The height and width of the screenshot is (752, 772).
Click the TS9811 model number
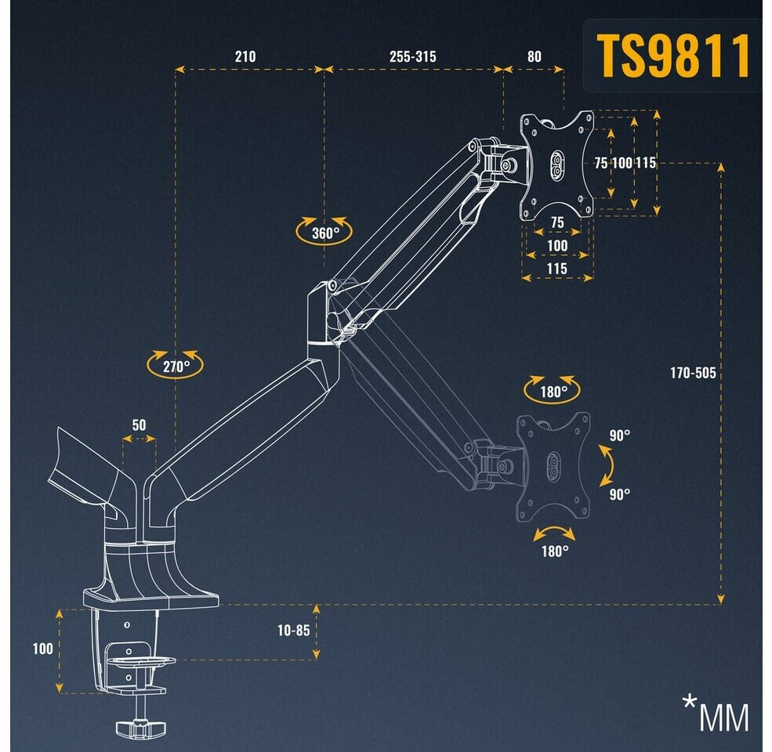click(x=673, y=56)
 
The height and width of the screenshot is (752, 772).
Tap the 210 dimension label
click(x=245, y=57)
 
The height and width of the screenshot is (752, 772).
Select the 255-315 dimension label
click(x=412, y=57)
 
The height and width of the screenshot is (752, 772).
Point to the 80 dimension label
click(x=533, y=57)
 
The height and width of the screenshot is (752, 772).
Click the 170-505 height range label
click(x=692, y=373)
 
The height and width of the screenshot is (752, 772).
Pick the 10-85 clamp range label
click(x=293, y=629)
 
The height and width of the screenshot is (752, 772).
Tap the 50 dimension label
click(x=139, y=425)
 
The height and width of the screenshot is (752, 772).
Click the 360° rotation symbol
click(x=324, y=232)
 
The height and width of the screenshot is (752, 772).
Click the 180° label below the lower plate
click(x=554, y=550)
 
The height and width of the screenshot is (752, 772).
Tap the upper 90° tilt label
click(x=620, y=436)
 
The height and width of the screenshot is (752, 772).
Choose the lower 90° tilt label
click(x=620, y=494)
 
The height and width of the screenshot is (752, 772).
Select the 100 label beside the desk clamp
click(x=43, y=649)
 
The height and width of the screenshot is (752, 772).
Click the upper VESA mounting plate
click(x=557, y=165)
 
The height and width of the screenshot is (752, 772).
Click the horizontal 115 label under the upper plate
click(x=557, y=269)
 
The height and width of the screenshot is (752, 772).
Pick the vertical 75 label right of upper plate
click(x=600, y=163)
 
